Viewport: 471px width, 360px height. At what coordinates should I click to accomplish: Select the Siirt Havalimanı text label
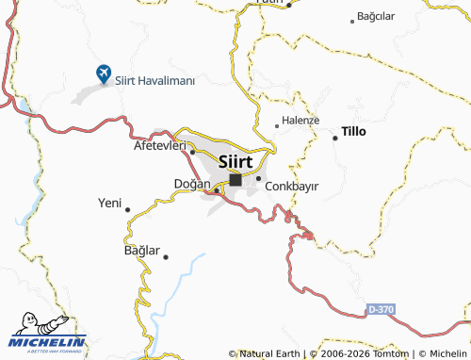click(154, 81)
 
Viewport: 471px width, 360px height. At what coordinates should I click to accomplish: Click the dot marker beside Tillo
click(335, 138)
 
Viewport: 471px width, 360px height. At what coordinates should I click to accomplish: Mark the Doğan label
click(191, 183)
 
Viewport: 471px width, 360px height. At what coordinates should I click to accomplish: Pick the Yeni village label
click(109, 203)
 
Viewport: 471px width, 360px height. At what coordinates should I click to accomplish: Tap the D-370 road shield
click(381, 308)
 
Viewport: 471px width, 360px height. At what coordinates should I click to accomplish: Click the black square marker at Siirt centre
click(235, 179)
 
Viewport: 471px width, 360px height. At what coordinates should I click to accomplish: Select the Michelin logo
click(43, 335)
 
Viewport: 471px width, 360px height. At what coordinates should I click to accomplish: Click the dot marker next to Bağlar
click(166, 256)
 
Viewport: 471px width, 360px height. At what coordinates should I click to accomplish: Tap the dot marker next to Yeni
click(127, 209)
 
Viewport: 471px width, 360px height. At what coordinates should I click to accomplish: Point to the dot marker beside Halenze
click(276, 124)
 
